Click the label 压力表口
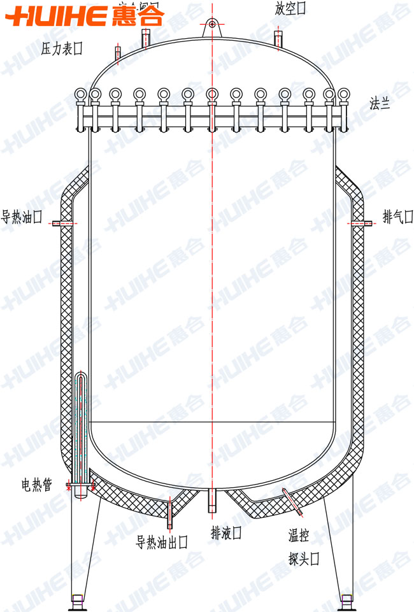click(x=62, y=48)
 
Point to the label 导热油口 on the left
click(x=21, y=217)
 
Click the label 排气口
click(x=397, y=217)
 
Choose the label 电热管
click(x=35, y=486)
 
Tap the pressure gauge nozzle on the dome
click(x=118, y=53)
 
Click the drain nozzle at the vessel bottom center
click(x=211, y=501)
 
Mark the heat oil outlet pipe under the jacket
click(x=170, y=516)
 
